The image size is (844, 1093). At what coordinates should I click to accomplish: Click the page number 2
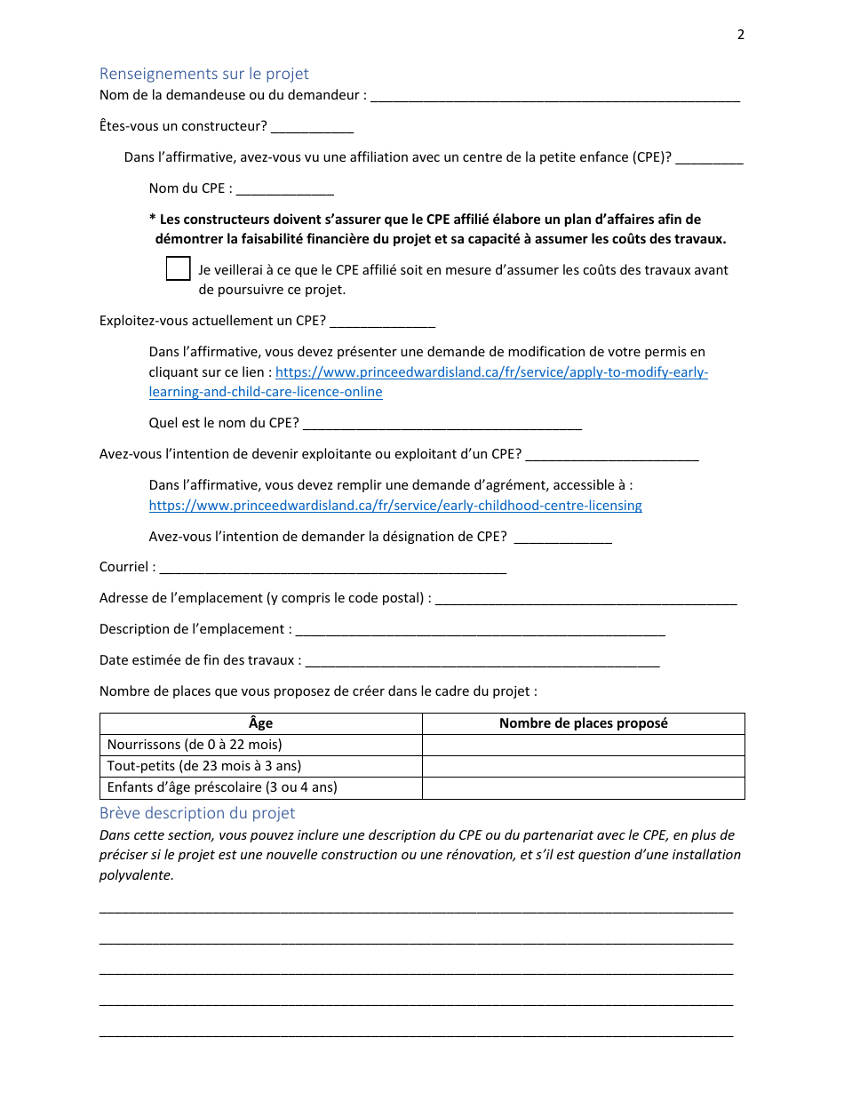coord(741,35)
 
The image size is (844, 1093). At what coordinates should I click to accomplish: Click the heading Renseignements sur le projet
coord(203,74)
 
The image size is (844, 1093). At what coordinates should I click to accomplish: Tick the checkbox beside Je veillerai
coord(179,268)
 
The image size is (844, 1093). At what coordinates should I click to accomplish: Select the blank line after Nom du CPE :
coord(285,189)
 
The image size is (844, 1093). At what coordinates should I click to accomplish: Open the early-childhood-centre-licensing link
coord(395,506)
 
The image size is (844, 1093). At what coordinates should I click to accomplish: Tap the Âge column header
coord(260,723)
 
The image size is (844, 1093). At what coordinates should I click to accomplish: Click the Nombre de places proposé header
coord(583,723)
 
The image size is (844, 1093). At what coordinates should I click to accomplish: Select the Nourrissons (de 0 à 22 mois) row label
coord(195,745)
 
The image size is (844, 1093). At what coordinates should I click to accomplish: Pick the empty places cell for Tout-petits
coord(583,766)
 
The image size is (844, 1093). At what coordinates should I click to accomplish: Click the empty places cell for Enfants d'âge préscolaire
coord(583,787)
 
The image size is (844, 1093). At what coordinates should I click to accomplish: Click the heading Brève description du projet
coord(196,813)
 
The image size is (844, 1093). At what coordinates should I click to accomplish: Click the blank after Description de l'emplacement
coord(480,630)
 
